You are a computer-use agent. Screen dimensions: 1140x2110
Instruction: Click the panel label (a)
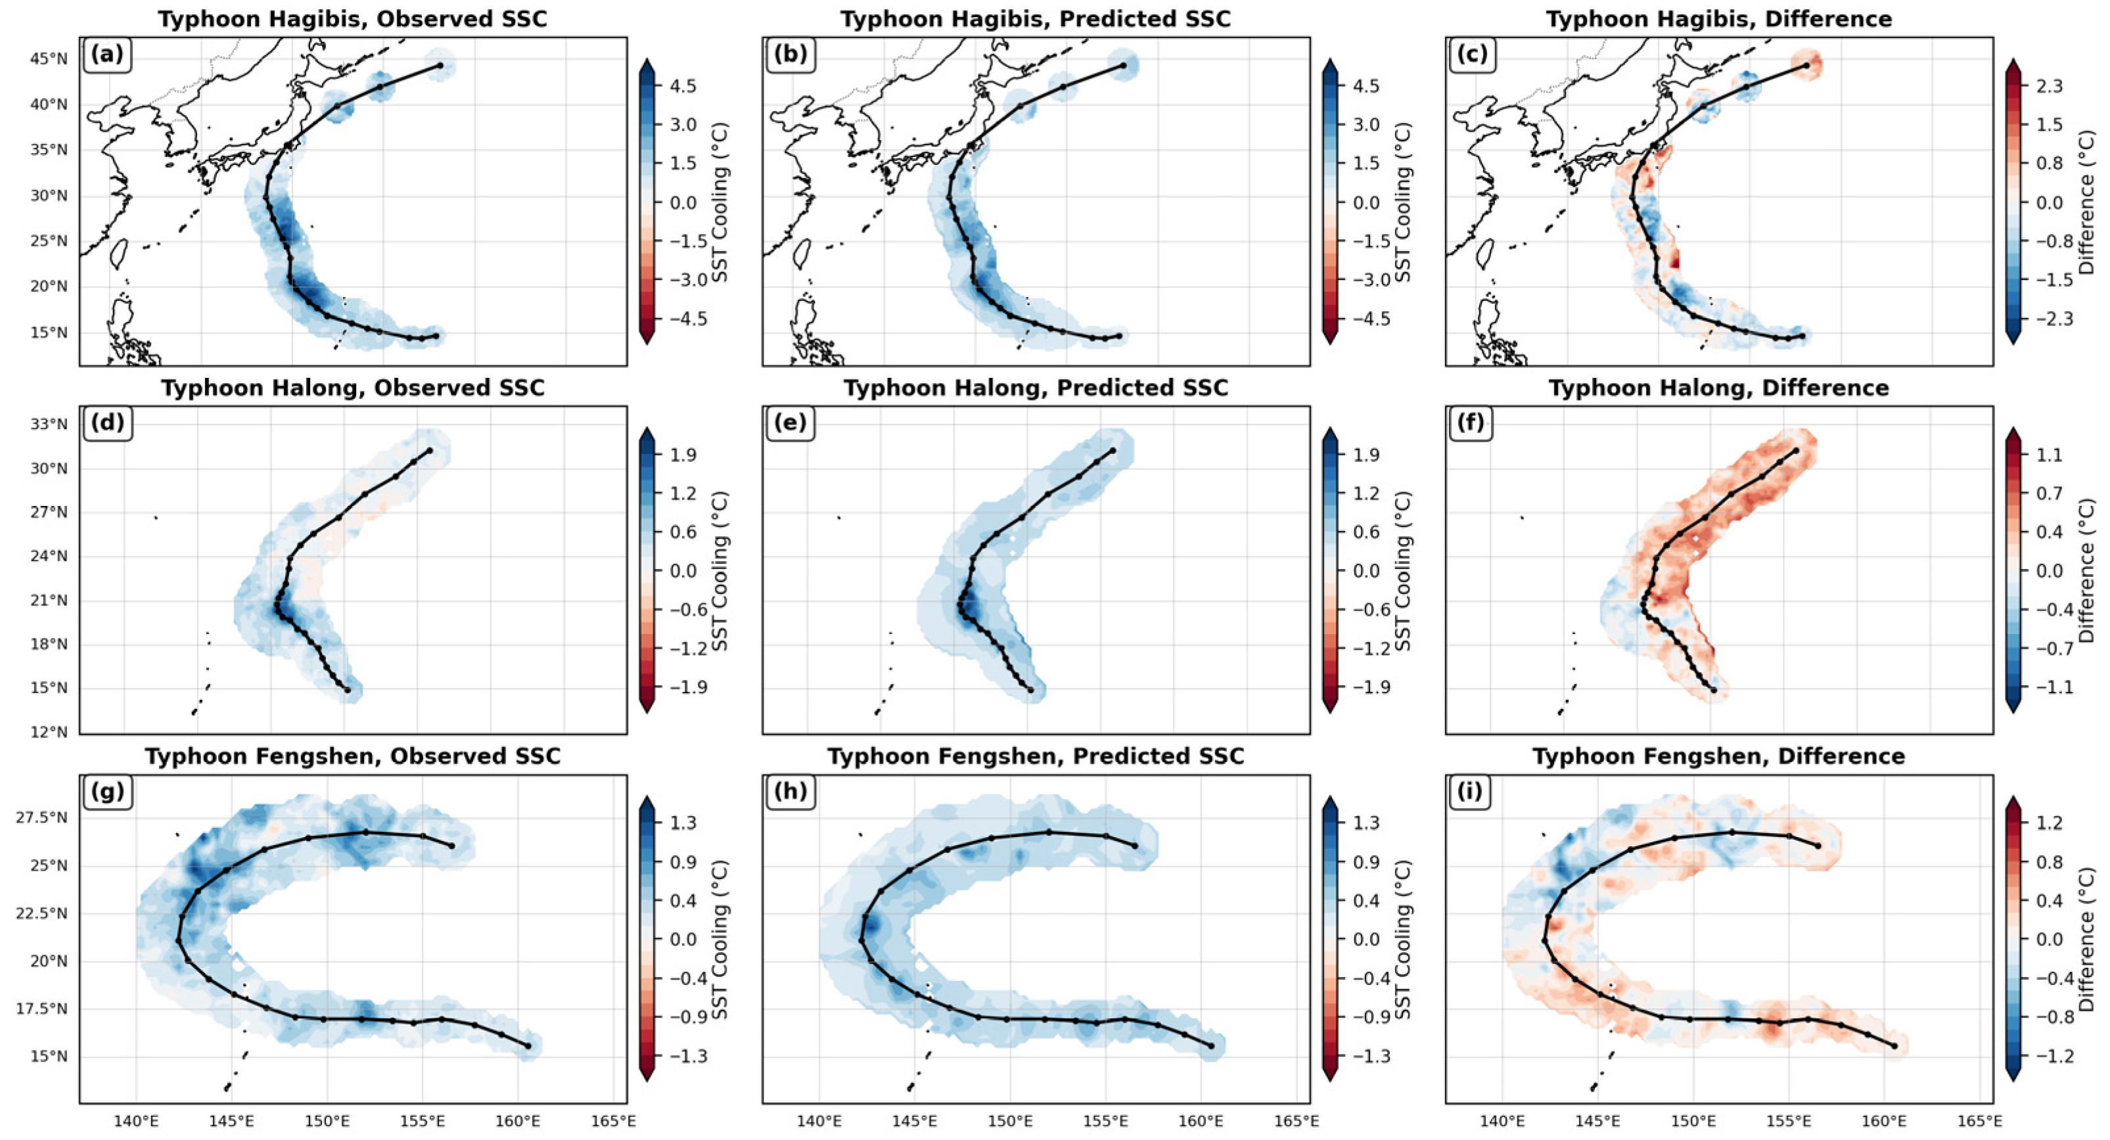tap(107, 55)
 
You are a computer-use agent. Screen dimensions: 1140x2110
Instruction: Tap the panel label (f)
tap(1471, 423)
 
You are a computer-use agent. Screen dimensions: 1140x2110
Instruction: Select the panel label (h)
tap(790, 791)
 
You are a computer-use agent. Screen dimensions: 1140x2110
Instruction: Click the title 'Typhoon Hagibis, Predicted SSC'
tap(1036, 19)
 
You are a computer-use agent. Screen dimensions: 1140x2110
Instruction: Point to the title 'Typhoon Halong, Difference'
tap(1718, 388)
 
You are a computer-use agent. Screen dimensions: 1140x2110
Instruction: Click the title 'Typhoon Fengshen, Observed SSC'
tap(353, 756)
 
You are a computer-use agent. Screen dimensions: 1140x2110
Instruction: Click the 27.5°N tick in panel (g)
tap(41, 817)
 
